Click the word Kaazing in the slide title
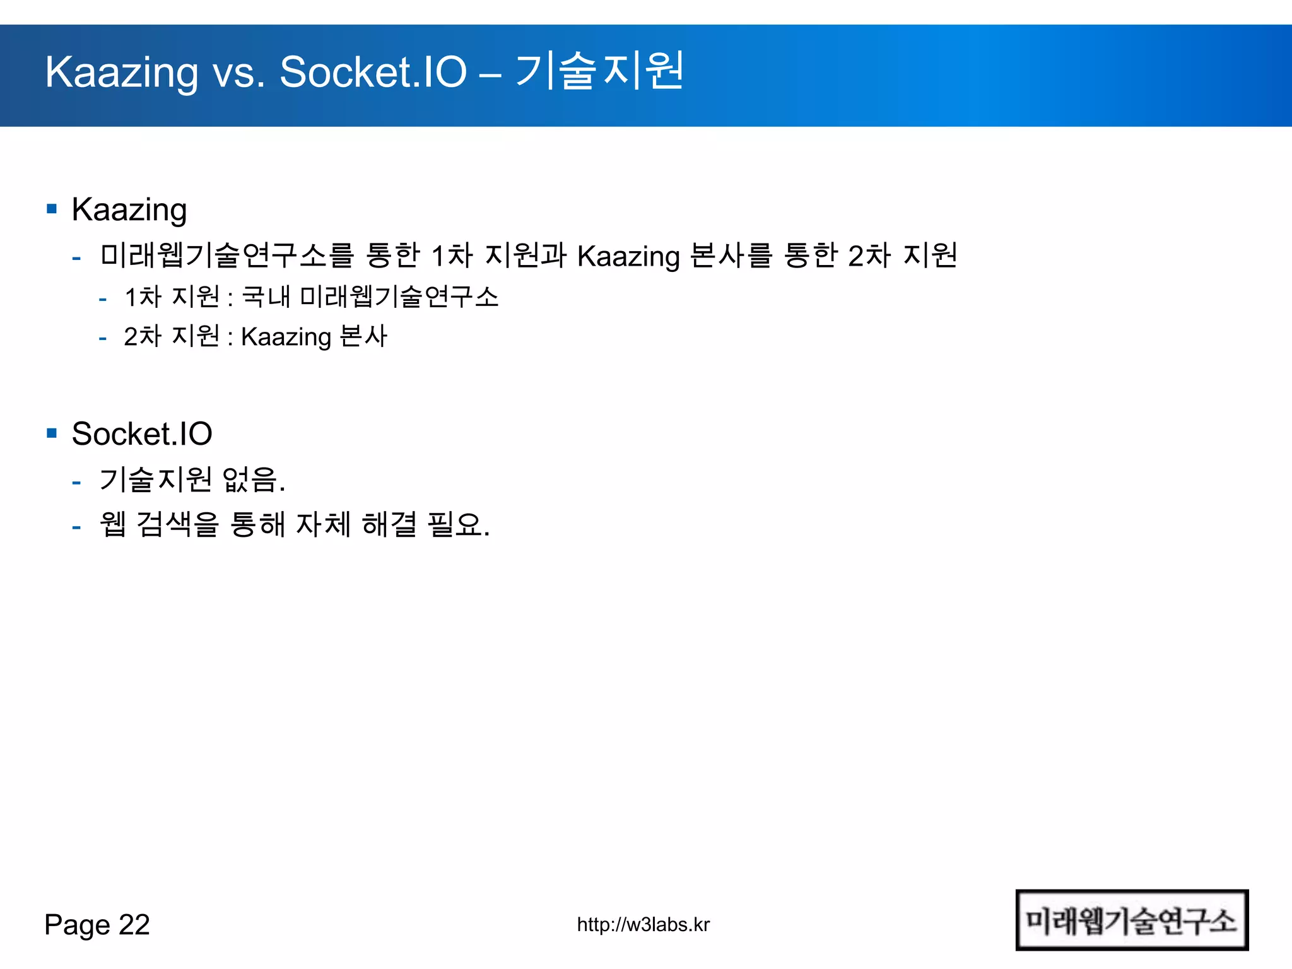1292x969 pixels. coord(121,73)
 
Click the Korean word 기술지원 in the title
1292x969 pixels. coord(599,71)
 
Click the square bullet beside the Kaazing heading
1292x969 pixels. coord(52,209)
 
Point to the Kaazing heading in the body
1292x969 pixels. coord(129,210)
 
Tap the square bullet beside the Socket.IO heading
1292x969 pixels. coord(52,433)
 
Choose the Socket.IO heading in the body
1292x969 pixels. coord(142,434)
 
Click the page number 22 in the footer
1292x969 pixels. coord(134,925)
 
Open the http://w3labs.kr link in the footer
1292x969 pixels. coord(643,925)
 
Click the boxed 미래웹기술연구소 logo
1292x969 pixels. coord(1132,920)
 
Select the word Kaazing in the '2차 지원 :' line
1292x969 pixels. coord(286,338)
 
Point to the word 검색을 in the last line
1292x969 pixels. coord(177,524)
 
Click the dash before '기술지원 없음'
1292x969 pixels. coord(76,483)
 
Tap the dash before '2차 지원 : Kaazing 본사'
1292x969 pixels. coord(102,339)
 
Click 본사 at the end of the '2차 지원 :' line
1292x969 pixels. coord(363,336)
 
